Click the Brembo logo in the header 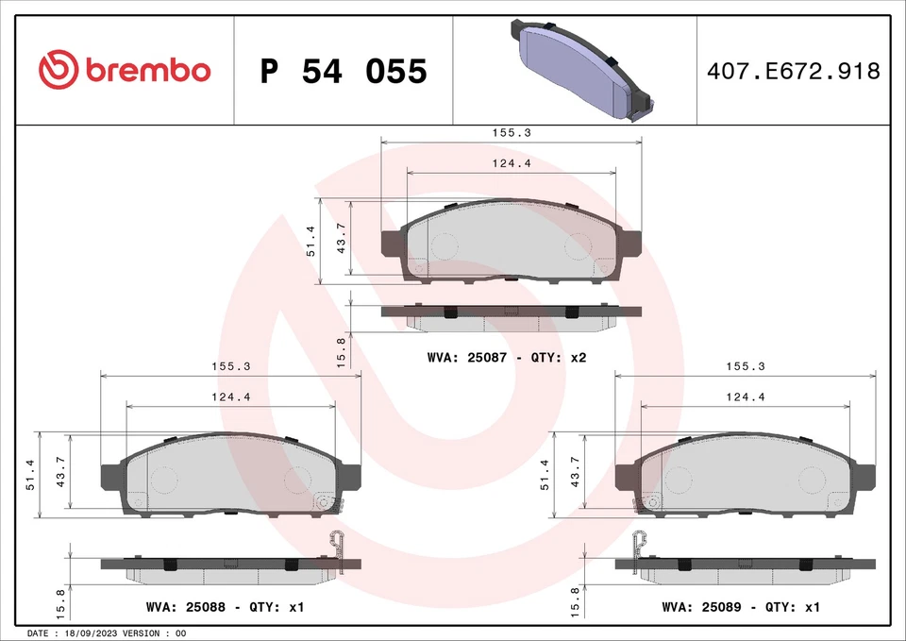124,70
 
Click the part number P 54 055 344,71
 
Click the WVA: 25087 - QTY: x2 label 507,358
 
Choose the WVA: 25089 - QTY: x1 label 741,607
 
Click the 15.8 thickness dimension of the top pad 342,351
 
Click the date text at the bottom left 109,633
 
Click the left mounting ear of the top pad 391,243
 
